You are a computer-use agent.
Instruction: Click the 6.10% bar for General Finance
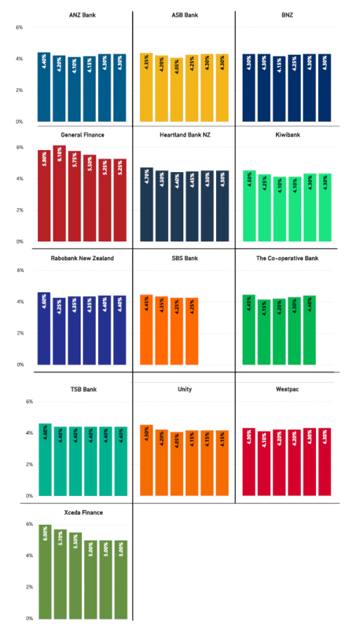[59, 193]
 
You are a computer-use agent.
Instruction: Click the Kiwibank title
[286, 135]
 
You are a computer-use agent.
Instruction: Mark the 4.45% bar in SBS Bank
[147, 330]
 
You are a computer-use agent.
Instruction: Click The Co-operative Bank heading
[286, 258]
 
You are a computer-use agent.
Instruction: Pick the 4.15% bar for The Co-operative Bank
[264, 333]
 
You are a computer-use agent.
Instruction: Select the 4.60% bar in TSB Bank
[45, 460]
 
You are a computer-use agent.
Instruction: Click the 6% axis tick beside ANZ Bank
[19, 27]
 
